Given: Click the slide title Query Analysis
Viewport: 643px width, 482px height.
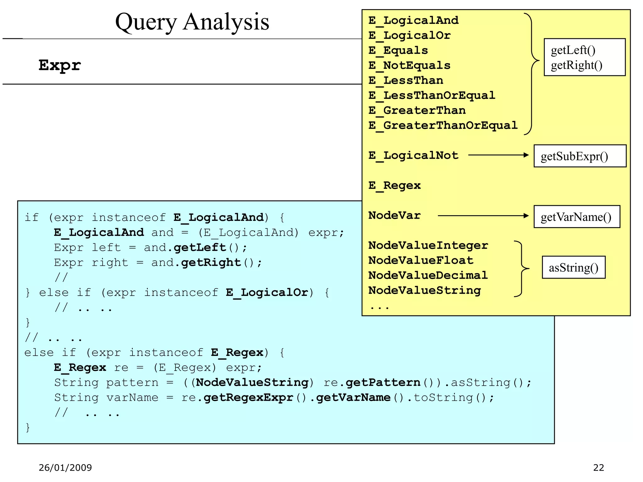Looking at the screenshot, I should [192, 22].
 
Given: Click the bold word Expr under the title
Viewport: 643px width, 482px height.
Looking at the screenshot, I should [60, 65].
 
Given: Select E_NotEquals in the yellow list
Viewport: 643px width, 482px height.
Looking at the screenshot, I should [409, 65].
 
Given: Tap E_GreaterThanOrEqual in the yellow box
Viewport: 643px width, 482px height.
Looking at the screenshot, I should [443, 125].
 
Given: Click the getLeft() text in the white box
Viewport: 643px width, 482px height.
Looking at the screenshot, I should [573, 50].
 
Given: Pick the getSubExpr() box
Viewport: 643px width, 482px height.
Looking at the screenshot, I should [580, 156].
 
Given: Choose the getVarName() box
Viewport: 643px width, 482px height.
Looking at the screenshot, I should [576, 217].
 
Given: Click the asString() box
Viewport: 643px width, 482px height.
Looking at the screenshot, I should [573, 267].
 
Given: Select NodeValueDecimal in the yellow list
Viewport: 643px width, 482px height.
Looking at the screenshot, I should [428, 275].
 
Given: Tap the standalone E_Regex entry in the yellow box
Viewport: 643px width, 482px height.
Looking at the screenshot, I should [394, 185].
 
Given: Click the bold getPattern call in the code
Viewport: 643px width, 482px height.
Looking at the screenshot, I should [383, 383].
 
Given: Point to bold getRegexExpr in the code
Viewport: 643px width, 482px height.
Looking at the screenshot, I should [248, 398].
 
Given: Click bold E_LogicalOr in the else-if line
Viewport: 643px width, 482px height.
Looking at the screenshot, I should [267, 292].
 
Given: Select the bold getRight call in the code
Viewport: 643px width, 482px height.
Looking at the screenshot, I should [211, 262].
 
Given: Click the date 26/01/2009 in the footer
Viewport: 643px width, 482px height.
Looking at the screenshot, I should [65, 468].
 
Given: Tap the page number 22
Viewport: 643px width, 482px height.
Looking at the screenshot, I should [598, 468].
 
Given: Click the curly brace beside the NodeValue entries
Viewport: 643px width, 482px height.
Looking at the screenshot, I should [522, 269].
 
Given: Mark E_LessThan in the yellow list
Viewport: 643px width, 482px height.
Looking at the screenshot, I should [406, 80].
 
